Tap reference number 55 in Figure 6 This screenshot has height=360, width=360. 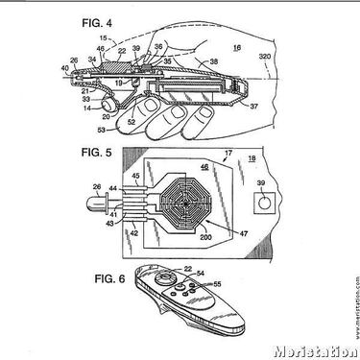tap(217, 285)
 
